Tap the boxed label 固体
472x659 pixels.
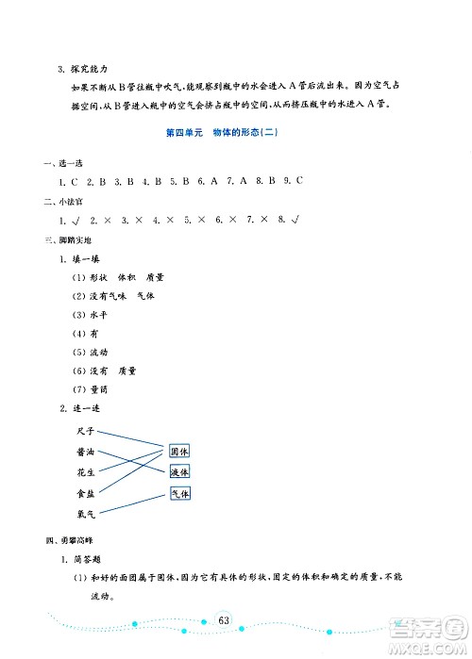(180, 451)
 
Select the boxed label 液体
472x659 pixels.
(180, 471)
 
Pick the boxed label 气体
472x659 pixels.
(180, 493)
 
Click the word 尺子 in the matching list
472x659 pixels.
(86, 431)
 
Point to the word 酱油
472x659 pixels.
(86, 452)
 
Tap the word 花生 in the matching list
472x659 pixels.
(86, 472)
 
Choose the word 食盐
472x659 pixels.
(86, 493)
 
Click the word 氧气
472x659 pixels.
(86, 514)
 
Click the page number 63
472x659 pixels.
(224, 618)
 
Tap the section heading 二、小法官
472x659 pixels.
(49, 202)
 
